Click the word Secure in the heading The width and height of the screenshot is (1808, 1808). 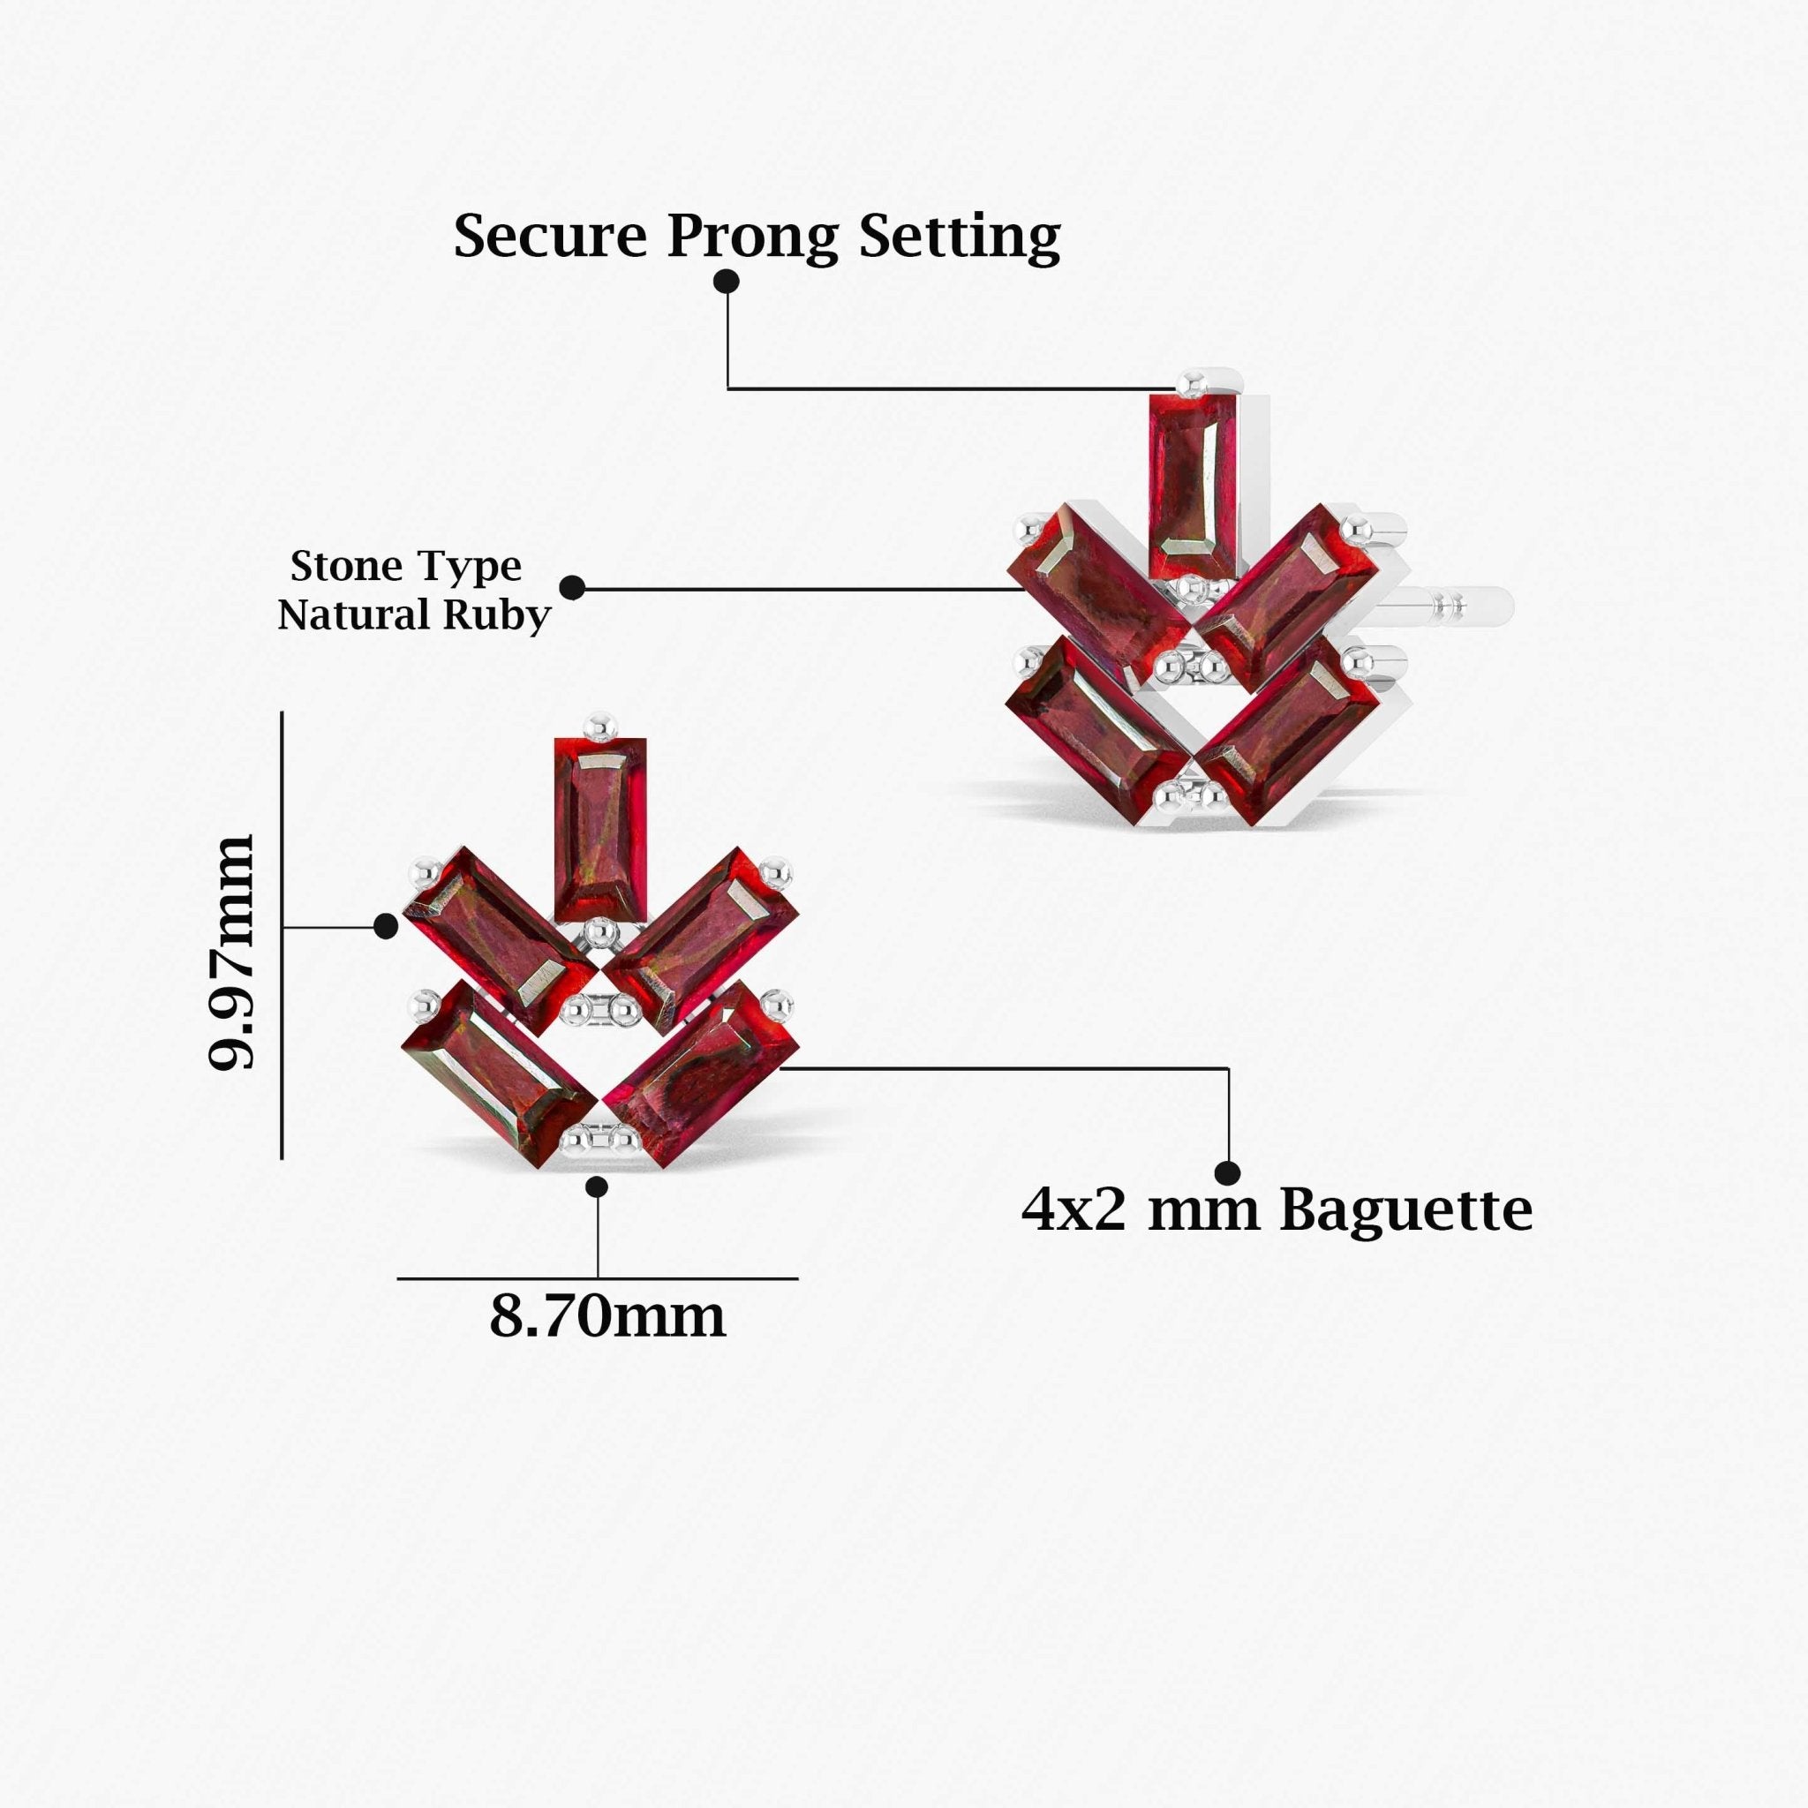550,236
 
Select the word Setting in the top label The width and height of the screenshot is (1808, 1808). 960,237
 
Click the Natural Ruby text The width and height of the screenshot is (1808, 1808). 414,614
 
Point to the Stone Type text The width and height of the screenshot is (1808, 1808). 405,565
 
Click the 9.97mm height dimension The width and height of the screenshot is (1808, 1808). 231,953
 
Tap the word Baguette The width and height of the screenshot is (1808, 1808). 1405,1210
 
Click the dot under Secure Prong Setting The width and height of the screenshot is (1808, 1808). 727,281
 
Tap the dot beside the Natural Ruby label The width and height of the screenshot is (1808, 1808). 572,588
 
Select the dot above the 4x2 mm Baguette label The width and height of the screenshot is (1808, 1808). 1228,1172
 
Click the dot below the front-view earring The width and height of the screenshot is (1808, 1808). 597,1186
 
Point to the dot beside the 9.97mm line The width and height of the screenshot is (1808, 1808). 386,926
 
